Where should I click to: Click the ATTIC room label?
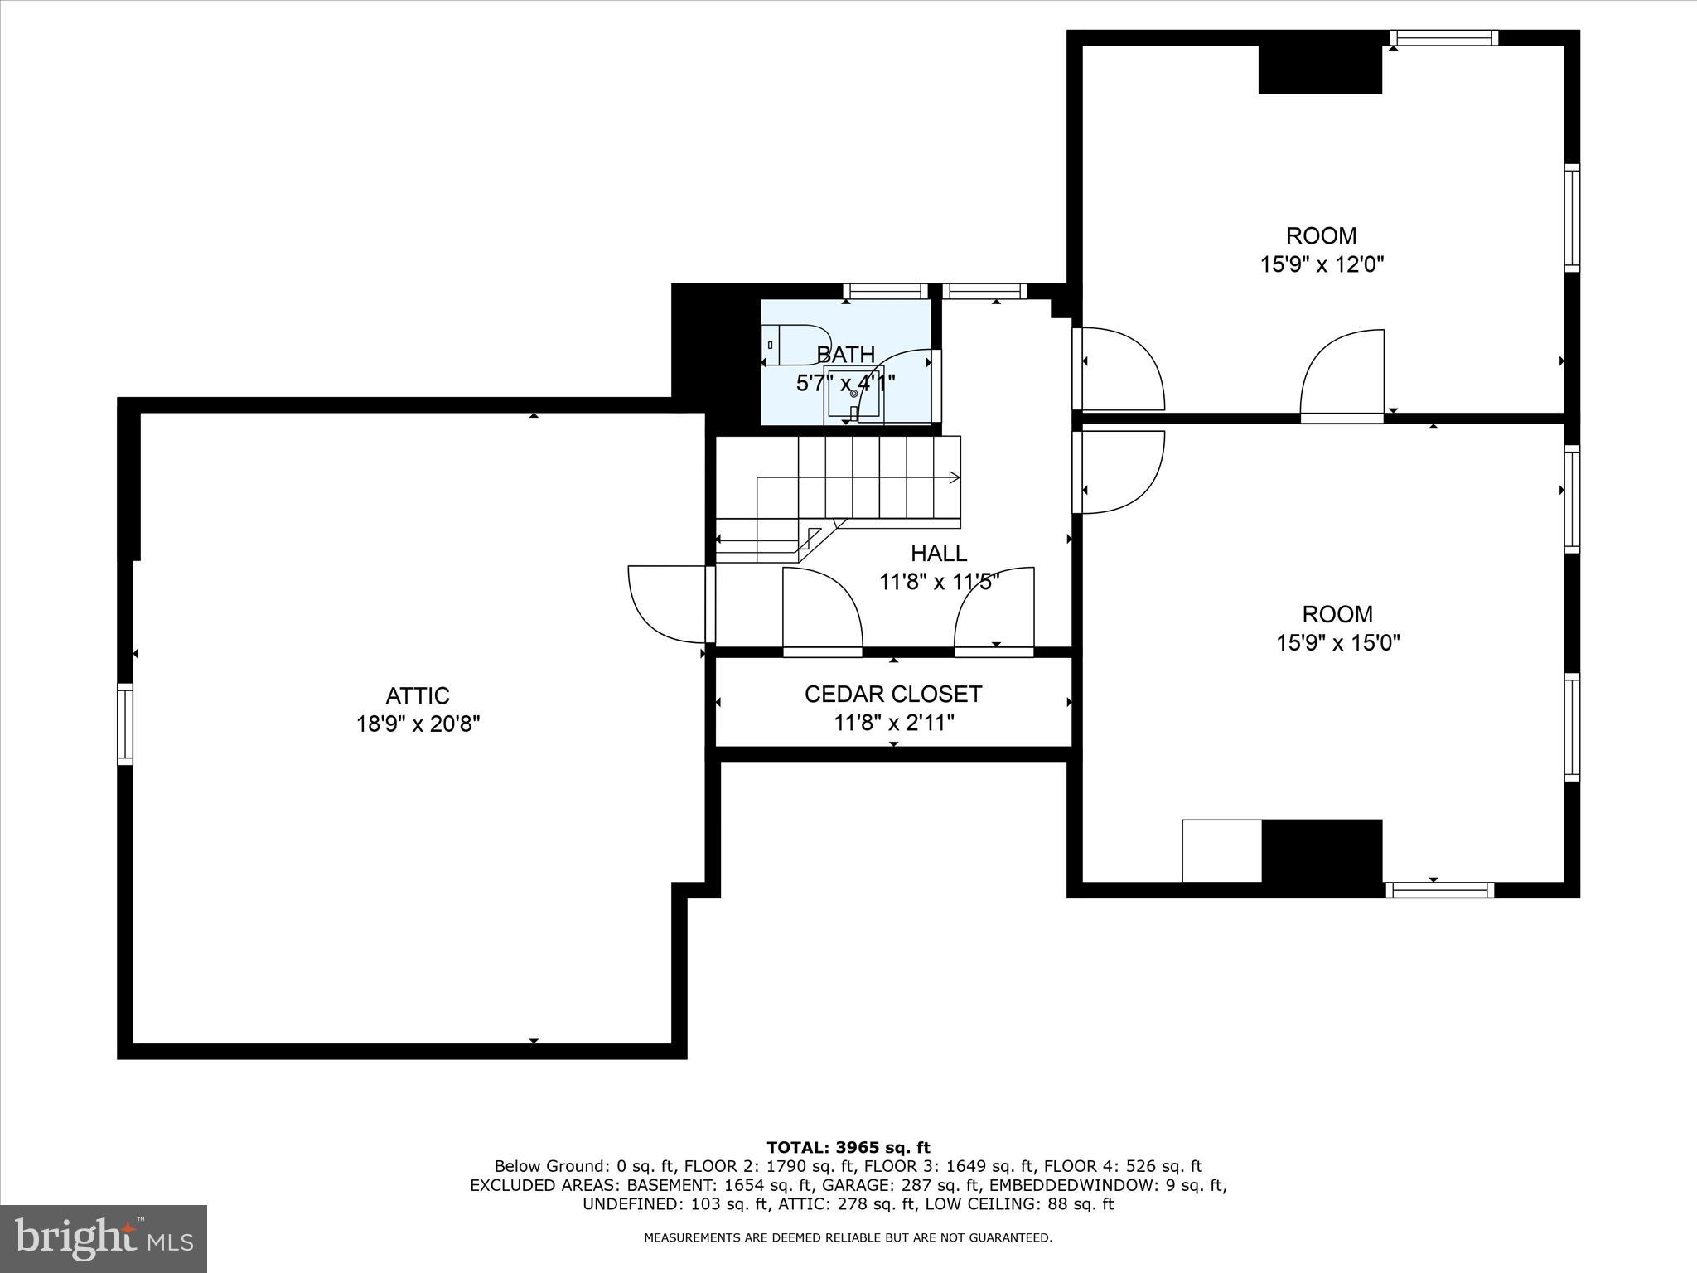coord(417,695)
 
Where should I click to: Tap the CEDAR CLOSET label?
coord(892,694)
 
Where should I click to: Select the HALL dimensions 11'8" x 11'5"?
coord(939,582)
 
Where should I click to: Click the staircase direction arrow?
coord(954,477)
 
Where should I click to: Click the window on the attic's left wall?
coord(125,723)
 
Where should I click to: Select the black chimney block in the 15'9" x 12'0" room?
coord(1320,69)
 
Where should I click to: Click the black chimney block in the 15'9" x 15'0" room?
coord(1322,851)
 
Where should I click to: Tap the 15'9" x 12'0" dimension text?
coord(1322,264)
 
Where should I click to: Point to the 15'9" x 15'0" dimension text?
coord(1337,642)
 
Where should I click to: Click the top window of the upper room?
coord(1443,37)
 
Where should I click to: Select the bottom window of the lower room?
coord(1439,890)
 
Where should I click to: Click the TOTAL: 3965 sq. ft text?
coord(848,1148)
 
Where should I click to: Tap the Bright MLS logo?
coord(104,1238)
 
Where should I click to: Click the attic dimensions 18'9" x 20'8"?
coord(418,724)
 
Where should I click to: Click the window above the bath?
coord(886,291)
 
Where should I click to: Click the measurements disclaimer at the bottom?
coord(848,1237)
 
